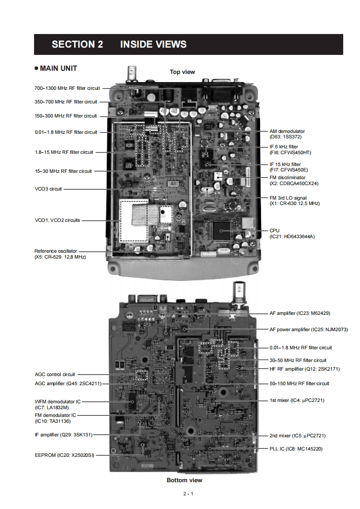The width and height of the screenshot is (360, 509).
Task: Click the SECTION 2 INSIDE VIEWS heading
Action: pos(119,44)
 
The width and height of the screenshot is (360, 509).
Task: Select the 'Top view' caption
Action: pos(182,72)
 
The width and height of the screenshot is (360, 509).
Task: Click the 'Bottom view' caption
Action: pos(184,480)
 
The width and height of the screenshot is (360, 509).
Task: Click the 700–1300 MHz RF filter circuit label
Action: pos(67,88)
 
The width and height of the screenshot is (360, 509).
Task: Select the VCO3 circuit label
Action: pos(48,189)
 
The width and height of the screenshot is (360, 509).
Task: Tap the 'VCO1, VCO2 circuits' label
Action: pos(57,220)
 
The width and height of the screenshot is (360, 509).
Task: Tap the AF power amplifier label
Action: pos(309,329)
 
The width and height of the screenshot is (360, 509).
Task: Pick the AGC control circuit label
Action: pos(55,375)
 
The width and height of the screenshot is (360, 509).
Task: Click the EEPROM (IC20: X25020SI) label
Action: pos(64,455)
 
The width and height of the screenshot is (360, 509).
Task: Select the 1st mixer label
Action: pos(297,400)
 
